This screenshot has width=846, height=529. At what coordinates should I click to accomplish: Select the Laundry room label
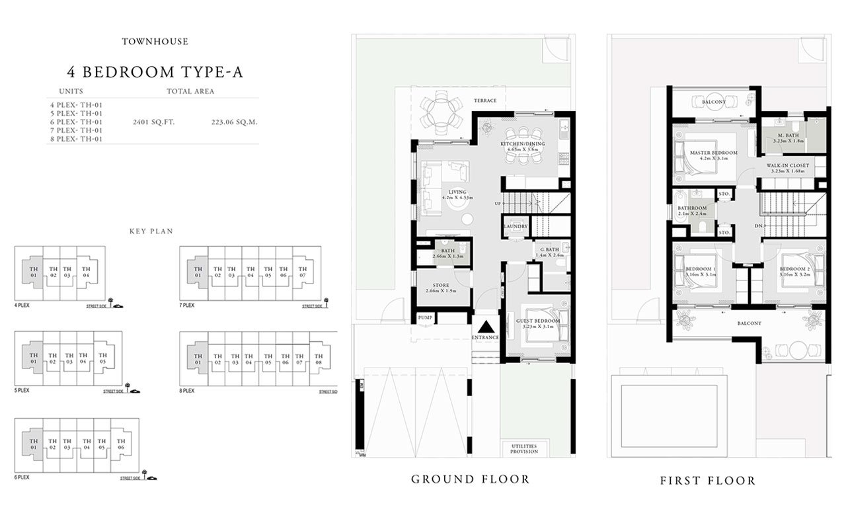coord(516,227)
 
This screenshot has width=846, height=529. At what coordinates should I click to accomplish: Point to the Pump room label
coord(425,318)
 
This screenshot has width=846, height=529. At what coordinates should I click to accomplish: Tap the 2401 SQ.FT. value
coord(153,122)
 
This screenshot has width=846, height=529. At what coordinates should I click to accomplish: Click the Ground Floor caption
coord(470,479)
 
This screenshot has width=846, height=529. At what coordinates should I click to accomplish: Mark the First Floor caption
coord(707,481)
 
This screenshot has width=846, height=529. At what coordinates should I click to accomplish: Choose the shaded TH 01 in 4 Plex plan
coord(31,272)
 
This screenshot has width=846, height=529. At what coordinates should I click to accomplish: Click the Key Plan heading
coord(151,231)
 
